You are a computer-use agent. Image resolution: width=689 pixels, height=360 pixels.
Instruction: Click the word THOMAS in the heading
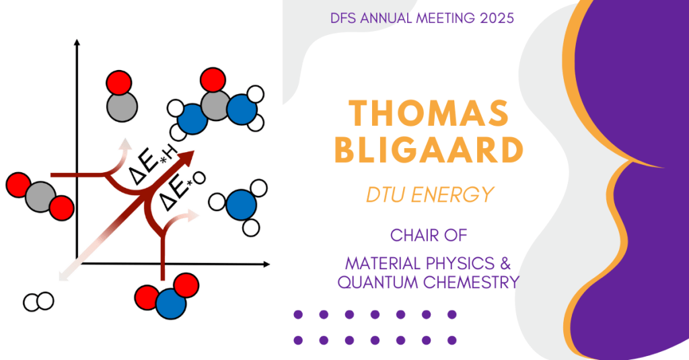pos(429,114)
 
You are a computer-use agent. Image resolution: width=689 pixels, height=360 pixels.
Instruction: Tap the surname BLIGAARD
pos(429,150)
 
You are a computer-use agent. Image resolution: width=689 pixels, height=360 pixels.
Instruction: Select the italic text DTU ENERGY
pos(430,194)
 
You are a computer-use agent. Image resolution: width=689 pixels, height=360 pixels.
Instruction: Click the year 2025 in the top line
pos(497,18)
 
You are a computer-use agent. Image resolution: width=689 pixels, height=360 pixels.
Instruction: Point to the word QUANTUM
pos(378,282)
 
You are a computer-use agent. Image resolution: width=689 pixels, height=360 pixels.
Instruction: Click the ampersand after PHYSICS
pos(505,263)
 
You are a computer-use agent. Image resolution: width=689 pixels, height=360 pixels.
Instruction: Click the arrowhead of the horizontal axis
pos(266,264)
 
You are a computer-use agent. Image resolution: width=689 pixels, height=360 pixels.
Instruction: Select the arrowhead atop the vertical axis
pos(77,42)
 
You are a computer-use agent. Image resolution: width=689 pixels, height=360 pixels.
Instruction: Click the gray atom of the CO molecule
pos(122,106)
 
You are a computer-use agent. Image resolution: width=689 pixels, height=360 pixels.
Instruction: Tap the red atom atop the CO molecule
pos(118,83)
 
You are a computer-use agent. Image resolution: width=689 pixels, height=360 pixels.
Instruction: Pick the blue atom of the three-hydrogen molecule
pos(242,205)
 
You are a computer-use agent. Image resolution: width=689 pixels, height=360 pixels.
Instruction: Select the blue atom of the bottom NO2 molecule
pos(171,303)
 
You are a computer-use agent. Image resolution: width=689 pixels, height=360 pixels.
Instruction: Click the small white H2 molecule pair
pos(38,301)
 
